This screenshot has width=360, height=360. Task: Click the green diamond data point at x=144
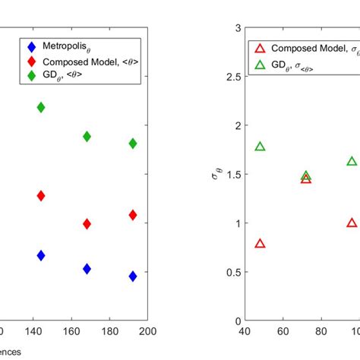pyautogui.click(x=41, y=108)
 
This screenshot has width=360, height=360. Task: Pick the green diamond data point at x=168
pyautogui.click(x=87, y=137)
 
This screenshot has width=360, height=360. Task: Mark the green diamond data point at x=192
pyautogui.click(x=133, y=144)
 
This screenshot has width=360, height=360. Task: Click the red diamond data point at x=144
pyautogui.click(x=41, y=196)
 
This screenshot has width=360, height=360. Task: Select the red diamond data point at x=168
pyautogui.click(x=87, y=224)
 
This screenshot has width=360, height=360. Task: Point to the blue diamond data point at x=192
pyautogui.click(x=133, y=276)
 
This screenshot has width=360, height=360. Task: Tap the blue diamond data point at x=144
pyautogui.click(x=41, y=256)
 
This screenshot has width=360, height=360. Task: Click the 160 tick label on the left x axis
pyautogui.click(x=71, y=331)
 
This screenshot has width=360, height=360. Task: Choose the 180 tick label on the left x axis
pyautogui.click(x=110, y=331)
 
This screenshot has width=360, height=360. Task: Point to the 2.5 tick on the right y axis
pyautogui.click(x=232, y=77)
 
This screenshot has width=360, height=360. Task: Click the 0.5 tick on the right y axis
pyautogui.click(x=232, y=272)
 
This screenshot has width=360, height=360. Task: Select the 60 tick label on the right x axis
pyautogui.click(x=283, y=331)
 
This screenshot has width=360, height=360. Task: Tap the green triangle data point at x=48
pyautogui.click(x=261, y=147)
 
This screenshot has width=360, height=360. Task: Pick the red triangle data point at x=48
pyautogui.click(x=261, y=244)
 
